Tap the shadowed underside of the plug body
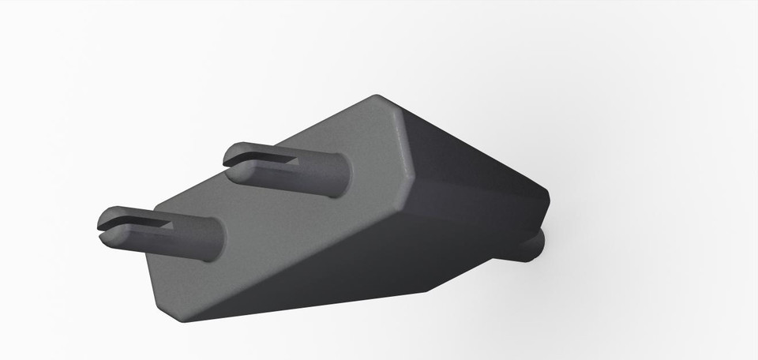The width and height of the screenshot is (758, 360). [355, 268]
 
